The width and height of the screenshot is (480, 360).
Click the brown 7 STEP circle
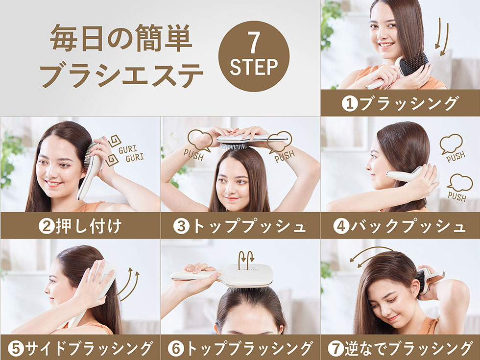253,56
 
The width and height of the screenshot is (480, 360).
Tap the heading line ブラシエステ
121,76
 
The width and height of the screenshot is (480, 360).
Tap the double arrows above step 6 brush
246,258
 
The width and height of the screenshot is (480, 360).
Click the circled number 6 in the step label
175,349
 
